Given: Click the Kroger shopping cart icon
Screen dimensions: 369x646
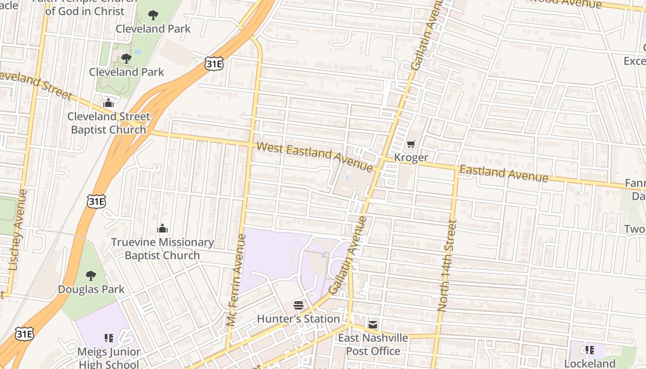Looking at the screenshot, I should tap(411, 144).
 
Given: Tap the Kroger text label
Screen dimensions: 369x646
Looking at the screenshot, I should tap(411, 158).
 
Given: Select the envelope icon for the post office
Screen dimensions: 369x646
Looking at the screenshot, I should tap(373, 324).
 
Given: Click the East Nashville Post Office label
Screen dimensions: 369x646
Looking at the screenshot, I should tap(373, 345).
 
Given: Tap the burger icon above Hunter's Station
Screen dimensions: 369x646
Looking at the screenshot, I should tap(299, 305).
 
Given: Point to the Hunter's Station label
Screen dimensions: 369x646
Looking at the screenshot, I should tap(298, 319).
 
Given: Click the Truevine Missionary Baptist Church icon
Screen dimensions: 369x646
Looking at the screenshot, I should tap(162, 229).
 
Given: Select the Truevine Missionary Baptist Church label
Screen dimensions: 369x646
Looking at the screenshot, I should tap(162, 249).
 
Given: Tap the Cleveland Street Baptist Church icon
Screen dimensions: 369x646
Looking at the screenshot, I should tap(108, 103).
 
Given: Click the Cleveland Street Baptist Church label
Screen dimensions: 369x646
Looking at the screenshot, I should tap(108, 123).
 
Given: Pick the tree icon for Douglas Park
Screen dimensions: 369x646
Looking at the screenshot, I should tap(91, 276).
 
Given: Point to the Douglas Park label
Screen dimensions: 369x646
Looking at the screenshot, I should tap(91, 289).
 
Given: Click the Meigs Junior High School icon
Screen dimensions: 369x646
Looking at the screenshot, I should tap(108, 338).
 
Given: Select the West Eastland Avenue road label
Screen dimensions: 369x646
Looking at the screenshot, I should tap(314, 157).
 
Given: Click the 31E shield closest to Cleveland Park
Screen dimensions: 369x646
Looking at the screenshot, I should tap(214, 64).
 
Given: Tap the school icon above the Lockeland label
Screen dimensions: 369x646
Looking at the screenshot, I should tap(589, 350).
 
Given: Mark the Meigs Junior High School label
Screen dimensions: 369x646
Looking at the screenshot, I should tap(108, 358).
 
